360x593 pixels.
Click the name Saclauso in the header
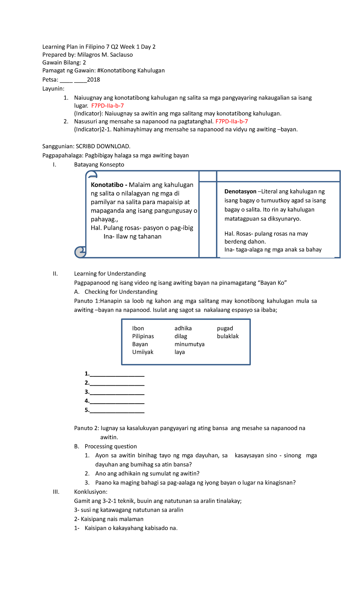coord(119,55)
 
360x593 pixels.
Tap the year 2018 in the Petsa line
coord(93,80)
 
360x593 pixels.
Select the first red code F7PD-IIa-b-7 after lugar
coord(107,106)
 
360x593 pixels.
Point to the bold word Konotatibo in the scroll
coord(107,185)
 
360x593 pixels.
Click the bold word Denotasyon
coord(240,191)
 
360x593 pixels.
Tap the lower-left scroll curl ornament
coord(80,252)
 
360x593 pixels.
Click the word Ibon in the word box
coord(138,328)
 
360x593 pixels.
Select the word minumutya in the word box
coord(189,344)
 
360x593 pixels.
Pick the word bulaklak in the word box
coord(228,336)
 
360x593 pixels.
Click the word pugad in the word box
coord(225,328)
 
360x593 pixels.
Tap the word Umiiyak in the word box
coord(142,352)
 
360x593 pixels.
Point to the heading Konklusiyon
coord(91,492)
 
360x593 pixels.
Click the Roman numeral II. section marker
coord(55,274)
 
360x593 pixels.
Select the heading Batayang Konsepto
coord(99,165)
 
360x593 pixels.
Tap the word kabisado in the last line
coord(156,528)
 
